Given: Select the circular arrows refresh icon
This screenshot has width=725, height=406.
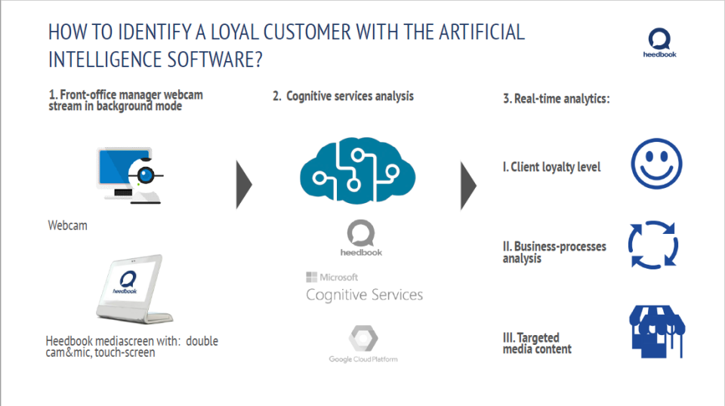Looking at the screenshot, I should click(653, 245).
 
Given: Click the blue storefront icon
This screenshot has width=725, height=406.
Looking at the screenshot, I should click(656, 329).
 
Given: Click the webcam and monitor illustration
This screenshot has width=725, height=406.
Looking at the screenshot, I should click(130, 175).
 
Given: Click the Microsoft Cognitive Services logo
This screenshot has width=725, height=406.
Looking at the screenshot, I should click(364, 288).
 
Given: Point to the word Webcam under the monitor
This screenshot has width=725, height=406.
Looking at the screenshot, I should click(67, 226).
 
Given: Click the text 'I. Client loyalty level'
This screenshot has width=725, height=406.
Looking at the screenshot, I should click(551, 167).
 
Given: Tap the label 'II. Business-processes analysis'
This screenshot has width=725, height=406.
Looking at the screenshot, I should click(554, 252).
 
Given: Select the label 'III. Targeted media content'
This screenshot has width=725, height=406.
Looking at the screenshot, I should click(537, 343).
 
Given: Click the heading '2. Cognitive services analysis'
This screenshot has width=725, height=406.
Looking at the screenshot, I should click(343, 97).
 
